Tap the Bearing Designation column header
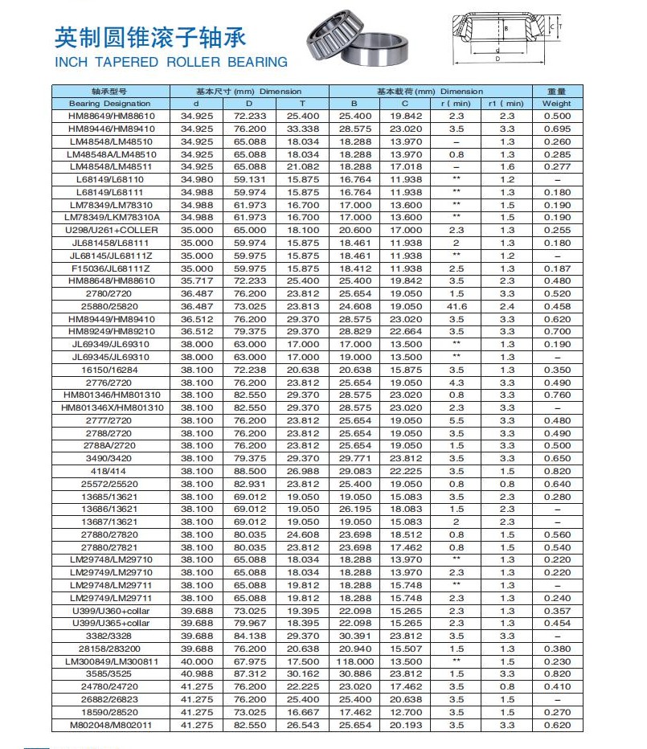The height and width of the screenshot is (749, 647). pyautogui.click(x=109, y=104)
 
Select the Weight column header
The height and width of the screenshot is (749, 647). pyautogui.click(x=556, y=104)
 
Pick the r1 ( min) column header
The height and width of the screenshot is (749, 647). pyautogui.click(x=506, y=104)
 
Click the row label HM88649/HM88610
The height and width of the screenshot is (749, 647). pyautogui.click(x=111, y=117)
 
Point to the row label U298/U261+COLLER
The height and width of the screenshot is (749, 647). pyautogui.click(x=111, y=231)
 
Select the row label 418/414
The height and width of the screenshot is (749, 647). pyautogui.click(x=111, y=471)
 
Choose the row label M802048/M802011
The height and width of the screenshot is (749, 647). pyautogui.click(x=111, y=726)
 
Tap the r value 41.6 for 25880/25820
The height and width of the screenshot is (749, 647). pyautogui.click(x=457, y=306)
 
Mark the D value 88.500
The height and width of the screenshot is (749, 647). pyautogui.click(x=249, y=471)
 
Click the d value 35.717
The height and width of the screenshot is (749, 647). pyautogui.click(x=196, y=281)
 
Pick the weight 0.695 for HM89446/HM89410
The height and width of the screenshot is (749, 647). pyautogui.click(x=556, y=129)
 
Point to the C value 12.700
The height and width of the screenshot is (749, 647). pyautogui.click(x=405, y=713)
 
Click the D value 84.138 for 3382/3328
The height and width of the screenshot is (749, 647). pyautogui.click(x=249, y=636)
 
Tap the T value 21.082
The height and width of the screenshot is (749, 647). pyautogui.click(x=303, y=167)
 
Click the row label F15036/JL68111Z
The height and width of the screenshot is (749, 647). pyautogui.click(x=111, y=268)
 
